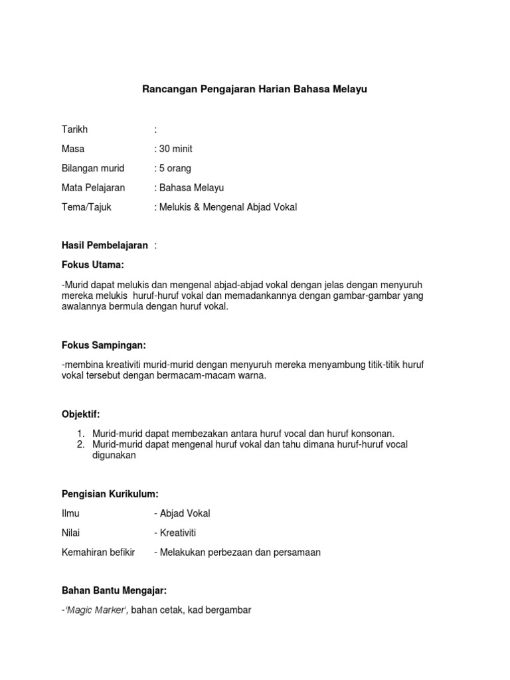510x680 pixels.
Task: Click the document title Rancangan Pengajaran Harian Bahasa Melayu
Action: (255, 90)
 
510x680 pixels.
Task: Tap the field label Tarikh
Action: (74, 129)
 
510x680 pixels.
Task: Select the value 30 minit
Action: (175, 149)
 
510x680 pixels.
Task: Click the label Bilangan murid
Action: (93, 168)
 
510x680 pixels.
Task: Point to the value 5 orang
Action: (175, 168)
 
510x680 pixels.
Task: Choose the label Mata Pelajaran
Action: (93, 187)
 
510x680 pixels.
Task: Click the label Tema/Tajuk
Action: (86, 207)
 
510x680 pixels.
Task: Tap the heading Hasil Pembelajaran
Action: (104, 246)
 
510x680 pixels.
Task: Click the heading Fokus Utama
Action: (93, 265)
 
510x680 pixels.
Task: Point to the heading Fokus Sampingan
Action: (104, 346)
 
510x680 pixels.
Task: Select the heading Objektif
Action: (80, 414)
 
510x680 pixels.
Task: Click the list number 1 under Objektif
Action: (80, 434)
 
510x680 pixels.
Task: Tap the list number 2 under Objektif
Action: (80, 444)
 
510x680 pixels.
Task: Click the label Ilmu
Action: (70, 513)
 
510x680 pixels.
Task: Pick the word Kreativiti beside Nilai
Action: (177, 533)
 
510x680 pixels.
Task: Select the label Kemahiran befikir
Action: (98, 552)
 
